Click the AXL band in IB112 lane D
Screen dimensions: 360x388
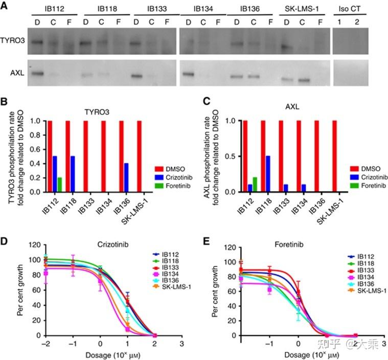(36, 74)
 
